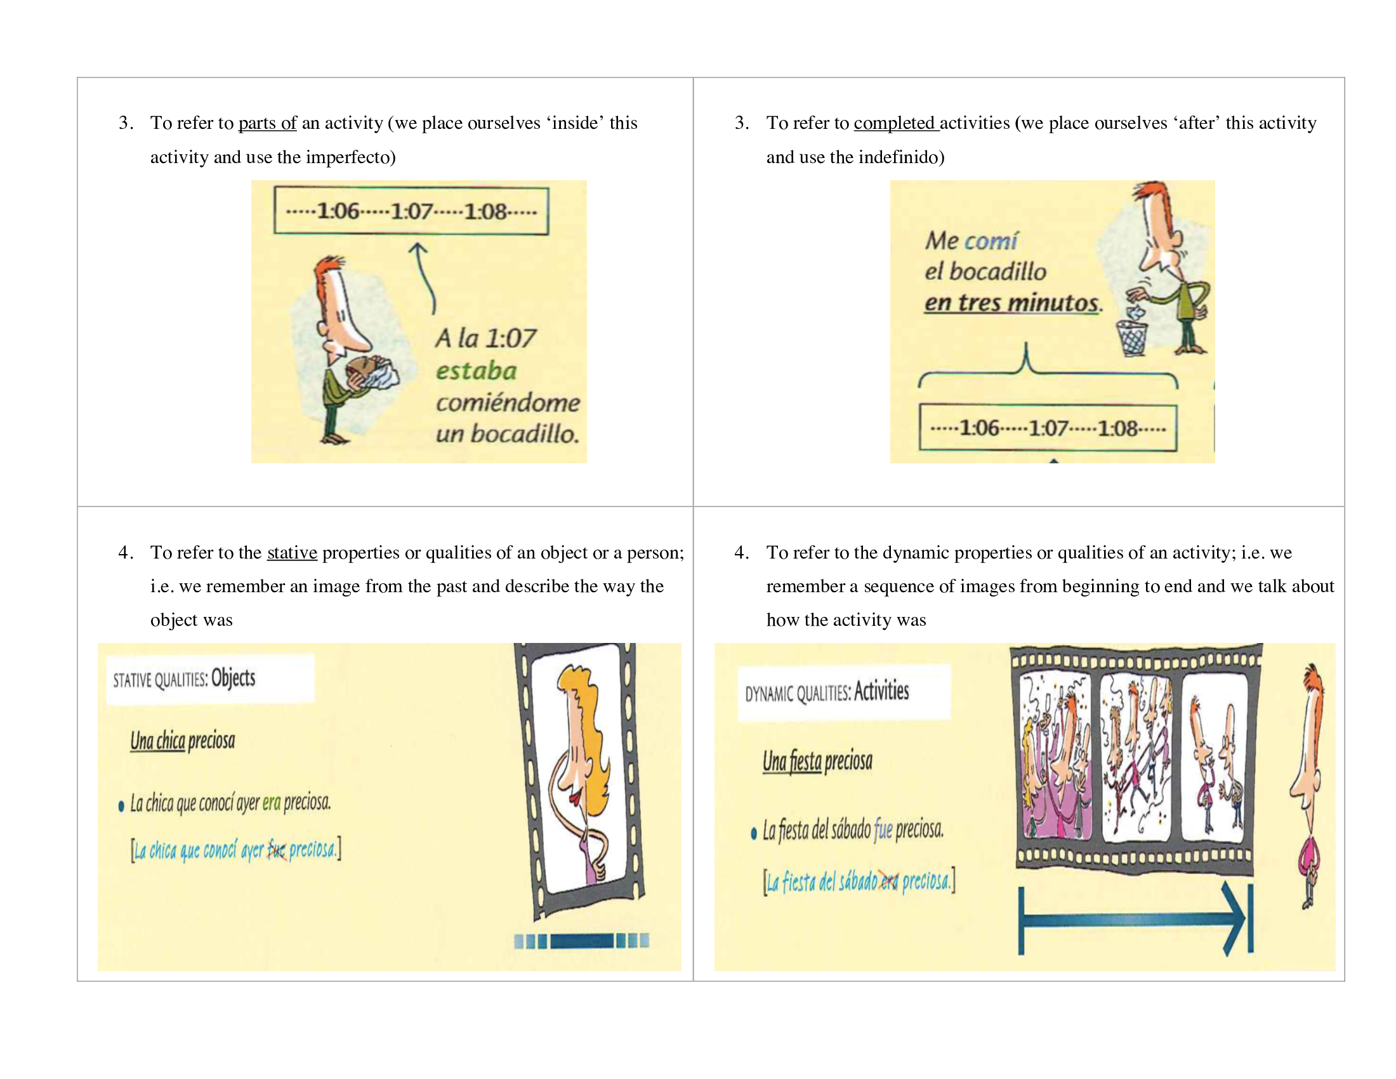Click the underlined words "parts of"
[267, 122]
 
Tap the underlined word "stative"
[292, 552]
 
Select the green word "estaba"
[476, 371]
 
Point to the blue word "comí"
[991, 241]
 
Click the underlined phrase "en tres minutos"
[1011, 302]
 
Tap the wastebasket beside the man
[1132, 338]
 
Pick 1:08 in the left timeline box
[485, 211]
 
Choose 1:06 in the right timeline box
[979, 428]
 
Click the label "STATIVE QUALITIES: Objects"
[184, 679]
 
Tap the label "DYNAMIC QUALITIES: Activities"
[827, 692]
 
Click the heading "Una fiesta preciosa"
[817, 761]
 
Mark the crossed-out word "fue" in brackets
[276, 849]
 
